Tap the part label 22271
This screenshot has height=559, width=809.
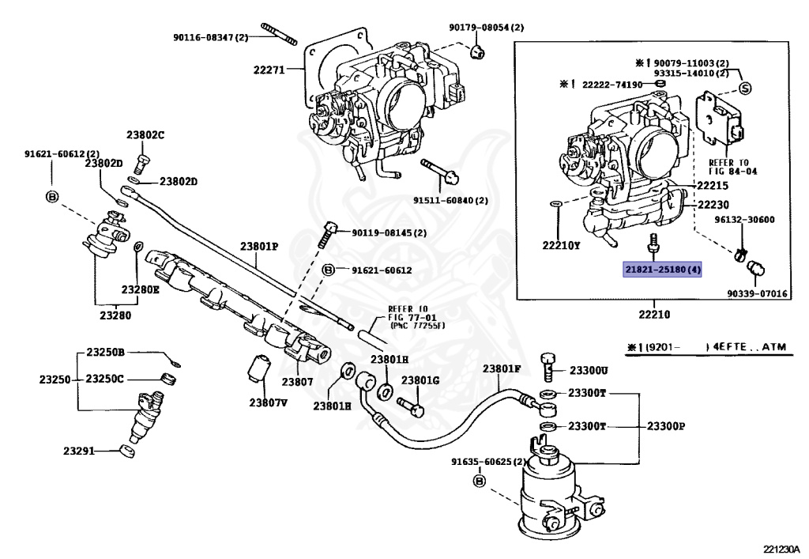point(269,70)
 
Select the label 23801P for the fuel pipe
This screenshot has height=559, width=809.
point(259,247)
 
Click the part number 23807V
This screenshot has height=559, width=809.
point(269,402)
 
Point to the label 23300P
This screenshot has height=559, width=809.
point(665,426)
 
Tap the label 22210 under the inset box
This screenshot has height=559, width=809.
point(654,315)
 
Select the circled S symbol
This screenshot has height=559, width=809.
point(744,89)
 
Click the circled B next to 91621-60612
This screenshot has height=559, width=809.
point(328,270)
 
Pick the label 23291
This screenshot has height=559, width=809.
point(79,451)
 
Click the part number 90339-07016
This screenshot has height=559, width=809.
point(758,293)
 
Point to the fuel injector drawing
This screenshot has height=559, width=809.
point(146,417)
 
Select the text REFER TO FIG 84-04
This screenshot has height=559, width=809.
point(732,167)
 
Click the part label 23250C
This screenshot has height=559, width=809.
point(104,379)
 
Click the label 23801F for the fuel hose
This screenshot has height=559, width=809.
point(502,368)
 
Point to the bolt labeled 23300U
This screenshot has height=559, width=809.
point(548,366)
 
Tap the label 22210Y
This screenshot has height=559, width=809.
point(561,246)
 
